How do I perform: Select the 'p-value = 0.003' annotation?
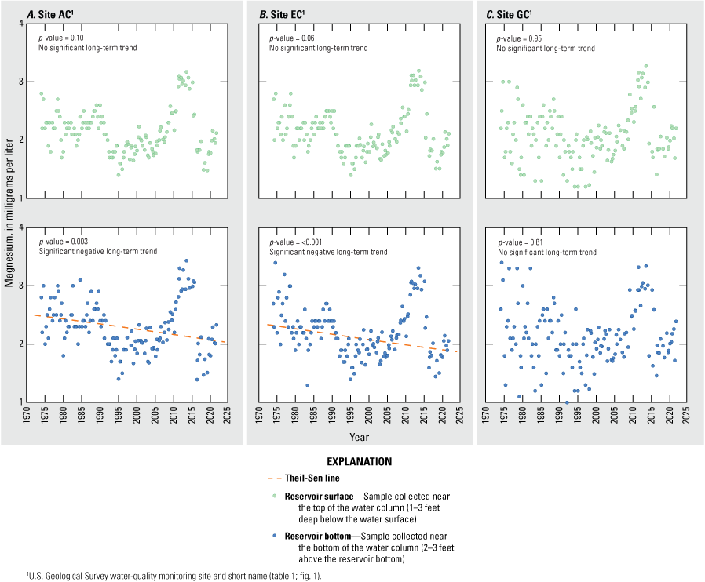[x=62, y=241]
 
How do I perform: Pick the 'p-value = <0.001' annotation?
[x=294, y=241]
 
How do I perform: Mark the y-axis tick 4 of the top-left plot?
[x=19, y=24]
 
